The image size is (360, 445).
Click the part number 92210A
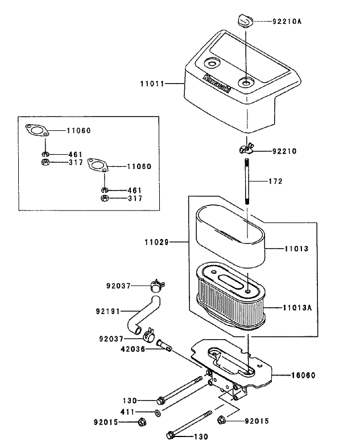[287, 22]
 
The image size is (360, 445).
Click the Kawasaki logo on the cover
[217, 83]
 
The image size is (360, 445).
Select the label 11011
[152, 84]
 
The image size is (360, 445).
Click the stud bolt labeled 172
[247, 181]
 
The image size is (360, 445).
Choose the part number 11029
[156, 242]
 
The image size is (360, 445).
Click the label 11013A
[297, 308]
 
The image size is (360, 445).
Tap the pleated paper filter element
[230, 296]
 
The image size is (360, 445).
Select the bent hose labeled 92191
[143, 315]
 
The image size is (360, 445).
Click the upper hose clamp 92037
[157, 285]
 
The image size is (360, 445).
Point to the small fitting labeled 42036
[164, 345]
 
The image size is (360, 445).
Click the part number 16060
[304, 375]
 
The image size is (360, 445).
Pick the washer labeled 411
[158, 413]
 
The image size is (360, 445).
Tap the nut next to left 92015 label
[142, 422]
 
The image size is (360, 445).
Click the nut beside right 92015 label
[221, 420]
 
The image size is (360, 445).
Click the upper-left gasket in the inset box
[37, 130]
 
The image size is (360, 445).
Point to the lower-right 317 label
[135, 199]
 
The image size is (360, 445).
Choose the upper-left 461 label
[76, 155]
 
